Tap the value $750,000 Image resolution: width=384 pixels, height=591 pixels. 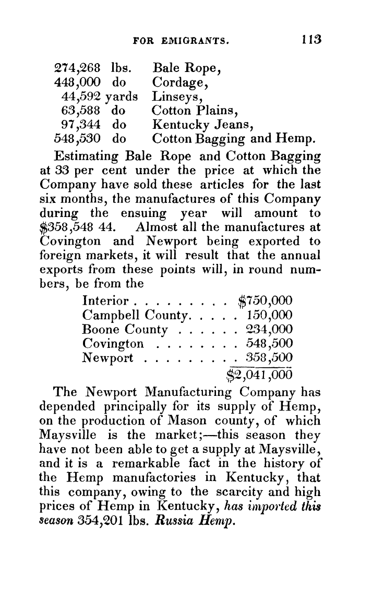(x=265, y=301)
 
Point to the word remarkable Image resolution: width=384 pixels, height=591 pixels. (x=138, y=464)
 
